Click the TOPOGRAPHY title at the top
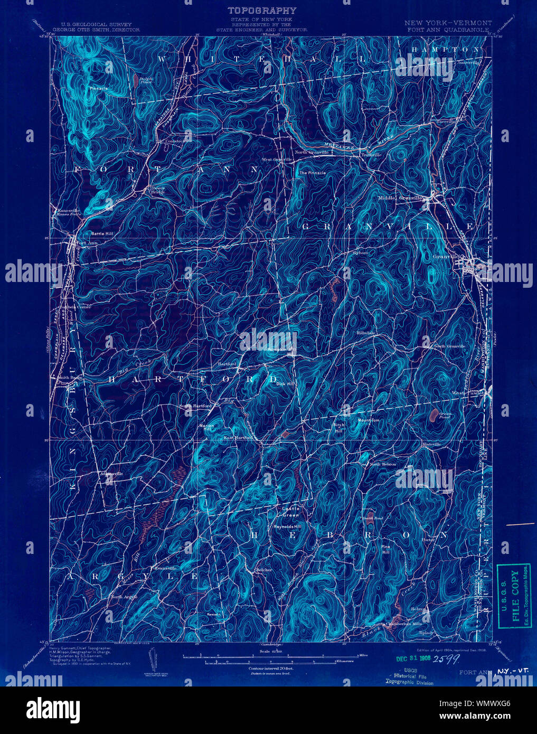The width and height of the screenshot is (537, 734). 261,10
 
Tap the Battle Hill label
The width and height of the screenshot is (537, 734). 102,233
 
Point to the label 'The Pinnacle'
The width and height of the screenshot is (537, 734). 312,173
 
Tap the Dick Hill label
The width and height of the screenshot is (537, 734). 285,384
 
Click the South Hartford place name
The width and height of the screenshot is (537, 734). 195,406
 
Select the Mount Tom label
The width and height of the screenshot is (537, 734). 369,420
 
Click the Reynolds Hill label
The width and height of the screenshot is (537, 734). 286,526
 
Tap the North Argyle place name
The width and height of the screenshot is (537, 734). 124,597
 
